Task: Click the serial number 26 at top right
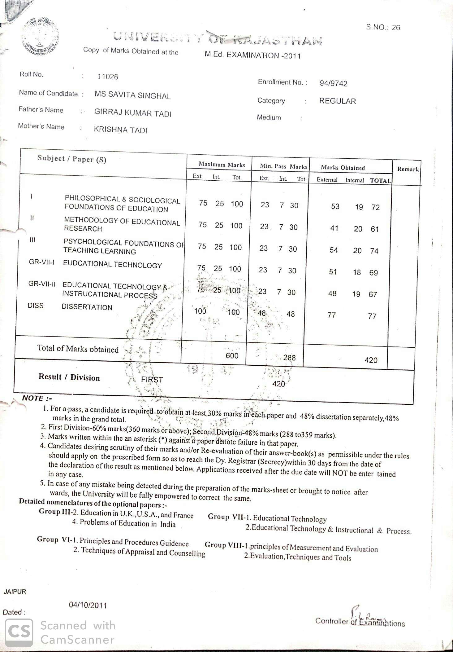click(x=396, y=28)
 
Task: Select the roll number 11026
click(x=108, y=77)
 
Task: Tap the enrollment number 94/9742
click(x=333, y=83)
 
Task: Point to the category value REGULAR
click(x=337, y=101)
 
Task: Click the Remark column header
click(x=408, y=169)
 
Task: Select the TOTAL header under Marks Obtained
click(x=380, y=181)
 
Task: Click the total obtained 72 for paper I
click(x=375, y=207)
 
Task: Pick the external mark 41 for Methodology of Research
click(x=334, y=228)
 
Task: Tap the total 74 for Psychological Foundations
click(x=374, y=251)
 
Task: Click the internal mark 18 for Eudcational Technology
click(x=357, y=272)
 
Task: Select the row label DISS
click(x=36, y=306)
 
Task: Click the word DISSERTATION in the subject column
click(x=87, y=307)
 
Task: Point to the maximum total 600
click(x=232, y=356)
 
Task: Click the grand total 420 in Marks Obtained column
click(x=371, y=360)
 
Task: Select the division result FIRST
click(x=152, y=380)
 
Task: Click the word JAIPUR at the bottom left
click(x=15, y=592)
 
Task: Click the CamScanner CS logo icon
click(x=19, y=632)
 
